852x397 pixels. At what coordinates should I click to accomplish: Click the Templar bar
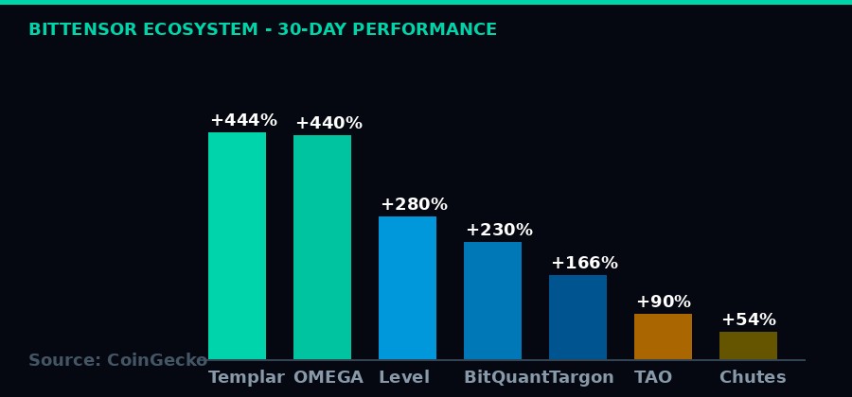(237, 246)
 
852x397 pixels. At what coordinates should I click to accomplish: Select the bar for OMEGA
(322, 248)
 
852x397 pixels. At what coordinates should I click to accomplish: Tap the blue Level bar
(407, 288)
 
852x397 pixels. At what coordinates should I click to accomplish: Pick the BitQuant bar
(492, 301)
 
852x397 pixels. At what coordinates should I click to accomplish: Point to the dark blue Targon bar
(577, 318)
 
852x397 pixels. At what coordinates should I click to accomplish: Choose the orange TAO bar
(663, 337)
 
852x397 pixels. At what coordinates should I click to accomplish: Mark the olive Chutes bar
(748, 346)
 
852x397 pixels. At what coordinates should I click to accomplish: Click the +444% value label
(243, 121)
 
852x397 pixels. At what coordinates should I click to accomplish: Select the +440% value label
(328, 124)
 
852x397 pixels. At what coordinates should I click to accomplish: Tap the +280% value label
(414, 205)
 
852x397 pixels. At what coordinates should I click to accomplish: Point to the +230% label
(499, 231)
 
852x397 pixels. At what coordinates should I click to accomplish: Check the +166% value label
(584, 264)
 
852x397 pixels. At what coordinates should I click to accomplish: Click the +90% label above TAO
(663, 302)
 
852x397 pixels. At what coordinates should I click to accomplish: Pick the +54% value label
(748, 320)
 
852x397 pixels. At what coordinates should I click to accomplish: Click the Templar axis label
(246, 378)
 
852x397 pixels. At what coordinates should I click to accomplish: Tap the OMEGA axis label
(328, 378)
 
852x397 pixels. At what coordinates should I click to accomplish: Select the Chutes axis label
(753, 378)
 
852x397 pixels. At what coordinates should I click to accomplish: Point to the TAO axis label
(653, 378)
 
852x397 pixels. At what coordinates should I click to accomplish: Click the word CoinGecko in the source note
(157, 361)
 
